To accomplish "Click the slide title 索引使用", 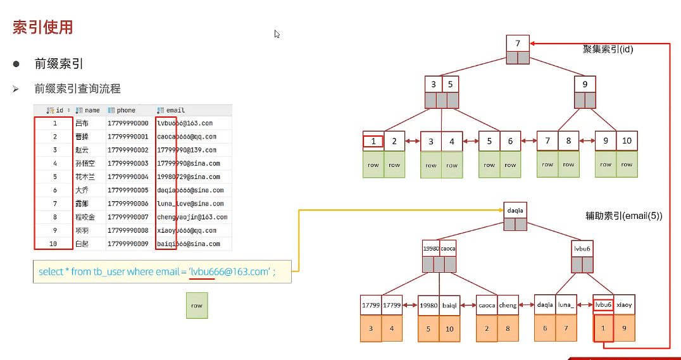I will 43,27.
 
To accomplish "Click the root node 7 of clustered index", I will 518,44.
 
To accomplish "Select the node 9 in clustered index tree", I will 585,84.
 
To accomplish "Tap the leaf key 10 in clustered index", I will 627,141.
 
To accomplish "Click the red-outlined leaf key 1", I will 373,141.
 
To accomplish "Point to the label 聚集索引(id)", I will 609,49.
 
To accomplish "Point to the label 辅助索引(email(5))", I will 623,216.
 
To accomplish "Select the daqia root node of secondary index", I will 515,210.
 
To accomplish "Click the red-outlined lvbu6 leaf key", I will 603,305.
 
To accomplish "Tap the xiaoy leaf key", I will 624,305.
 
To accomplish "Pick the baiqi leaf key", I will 449,305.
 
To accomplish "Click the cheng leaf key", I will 508,305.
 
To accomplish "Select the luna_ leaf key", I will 566,305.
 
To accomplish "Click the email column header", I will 175,110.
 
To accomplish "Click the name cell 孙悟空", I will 83,164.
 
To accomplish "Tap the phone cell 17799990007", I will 128,217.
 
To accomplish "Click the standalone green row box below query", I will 197,305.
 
